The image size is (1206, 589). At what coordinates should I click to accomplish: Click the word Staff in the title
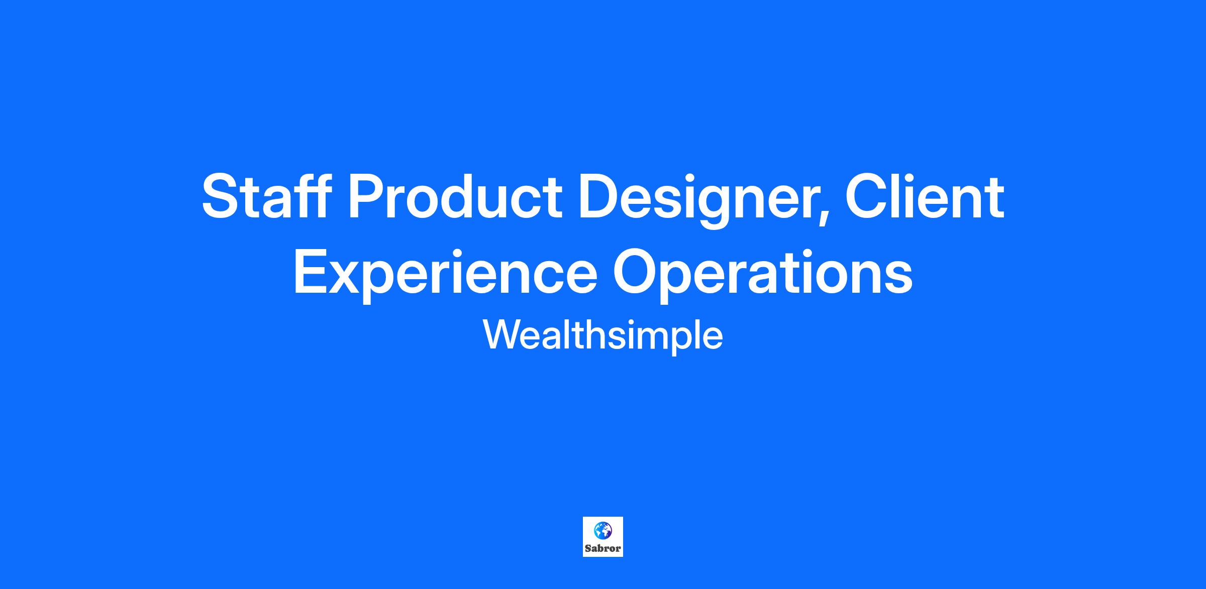point(266,196)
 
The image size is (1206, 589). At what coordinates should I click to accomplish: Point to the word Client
point(925,196)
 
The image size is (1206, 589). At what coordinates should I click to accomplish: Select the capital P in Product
point(369,196)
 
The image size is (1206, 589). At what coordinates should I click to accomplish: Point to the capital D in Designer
point(602,196)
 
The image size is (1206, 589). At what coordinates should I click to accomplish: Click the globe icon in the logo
point(603,530)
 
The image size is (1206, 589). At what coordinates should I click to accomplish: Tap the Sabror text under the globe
point(603,548)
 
